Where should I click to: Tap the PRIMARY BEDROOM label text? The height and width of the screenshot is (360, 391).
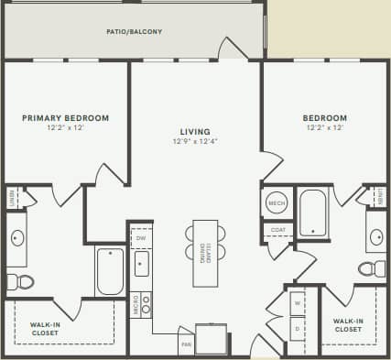click(x=66, y=117)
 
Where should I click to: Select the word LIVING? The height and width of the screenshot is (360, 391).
click(x=190, y=131)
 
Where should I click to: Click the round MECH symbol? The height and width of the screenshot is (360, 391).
click(x=277, y=202)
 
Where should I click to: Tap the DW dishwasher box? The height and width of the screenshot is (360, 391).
click(x=141, y=238)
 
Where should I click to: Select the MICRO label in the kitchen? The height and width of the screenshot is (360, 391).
click(x=135, y=303)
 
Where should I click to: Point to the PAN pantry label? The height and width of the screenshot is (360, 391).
click(x=186, y=345)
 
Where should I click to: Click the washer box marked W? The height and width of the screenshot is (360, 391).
click(x=298, y=301)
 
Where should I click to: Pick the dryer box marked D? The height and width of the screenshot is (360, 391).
click(x=298, y=325)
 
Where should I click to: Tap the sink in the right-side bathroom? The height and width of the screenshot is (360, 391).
click(x=376, y=237)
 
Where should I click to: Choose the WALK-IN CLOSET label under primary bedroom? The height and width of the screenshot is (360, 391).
click(x=45, y=327)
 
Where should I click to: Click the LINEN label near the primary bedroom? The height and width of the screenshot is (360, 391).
click(x=10, y=196)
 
